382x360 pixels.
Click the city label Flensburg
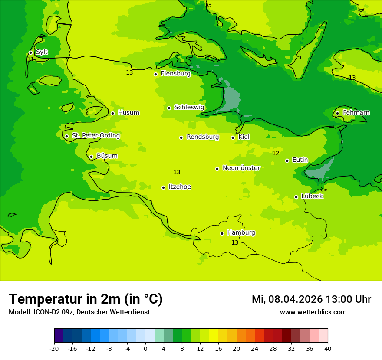175,74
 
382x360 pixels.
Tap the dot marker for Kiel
233,137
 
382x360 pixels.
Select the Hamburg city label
241,233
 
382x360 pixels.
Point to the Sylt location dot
30,53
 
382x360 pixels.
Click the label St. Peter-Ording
95,136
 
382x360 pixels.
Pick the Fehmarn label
356,113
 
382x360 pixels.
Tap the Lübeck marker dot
296,197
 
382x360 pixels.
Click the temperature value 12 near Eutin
276,153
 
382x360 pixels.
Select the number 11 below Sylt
30,59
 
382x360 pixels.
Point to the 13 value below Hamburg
235,242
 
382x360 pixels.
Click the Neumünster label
241,168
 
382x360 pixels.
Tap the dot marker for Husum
112,113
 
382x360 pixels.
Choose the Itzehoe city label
180,187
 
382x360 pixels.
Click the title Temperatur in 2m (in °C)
86,299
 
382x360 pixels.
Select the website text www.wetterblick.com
313,312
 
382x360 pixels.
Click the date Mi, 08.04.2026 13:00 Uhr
311,299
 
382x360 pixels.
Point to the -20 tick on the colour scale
54,348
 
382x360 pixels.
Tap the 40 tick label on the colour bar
328,348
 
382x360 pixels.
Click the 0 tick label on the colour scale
145,348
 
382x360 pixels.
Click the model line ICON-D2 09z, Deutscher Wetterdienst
79,312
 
